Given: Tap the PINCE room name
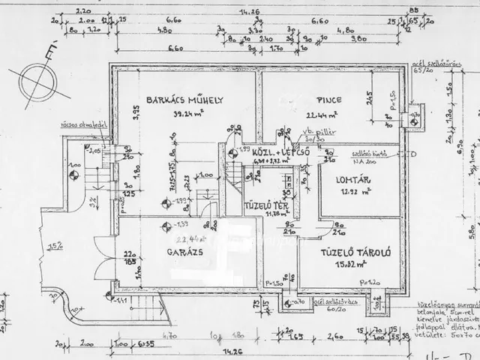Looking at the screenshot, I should (x=329, y=100).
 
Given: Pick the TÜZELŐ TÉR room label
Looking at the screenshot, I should (x=264, y=205).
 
